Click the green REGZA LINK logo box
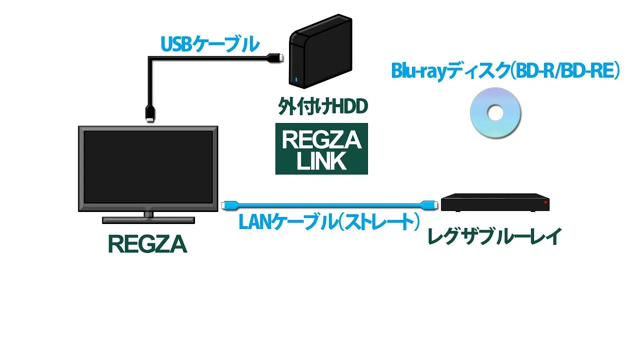(x=321, y=148)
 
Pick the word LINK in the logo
(x=321, y=161)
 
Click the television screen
(x=148, y=167)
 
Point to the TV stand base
(x=148, y=220)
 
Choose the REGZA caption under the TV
(x=147, y=244)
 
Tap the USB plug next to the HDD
(x=275, y=58)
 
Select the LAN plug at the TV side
(x=229, y=205)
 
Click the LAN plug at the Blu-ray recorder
(x=429, y=205)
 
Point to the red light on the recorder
(x=546, y=202)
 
